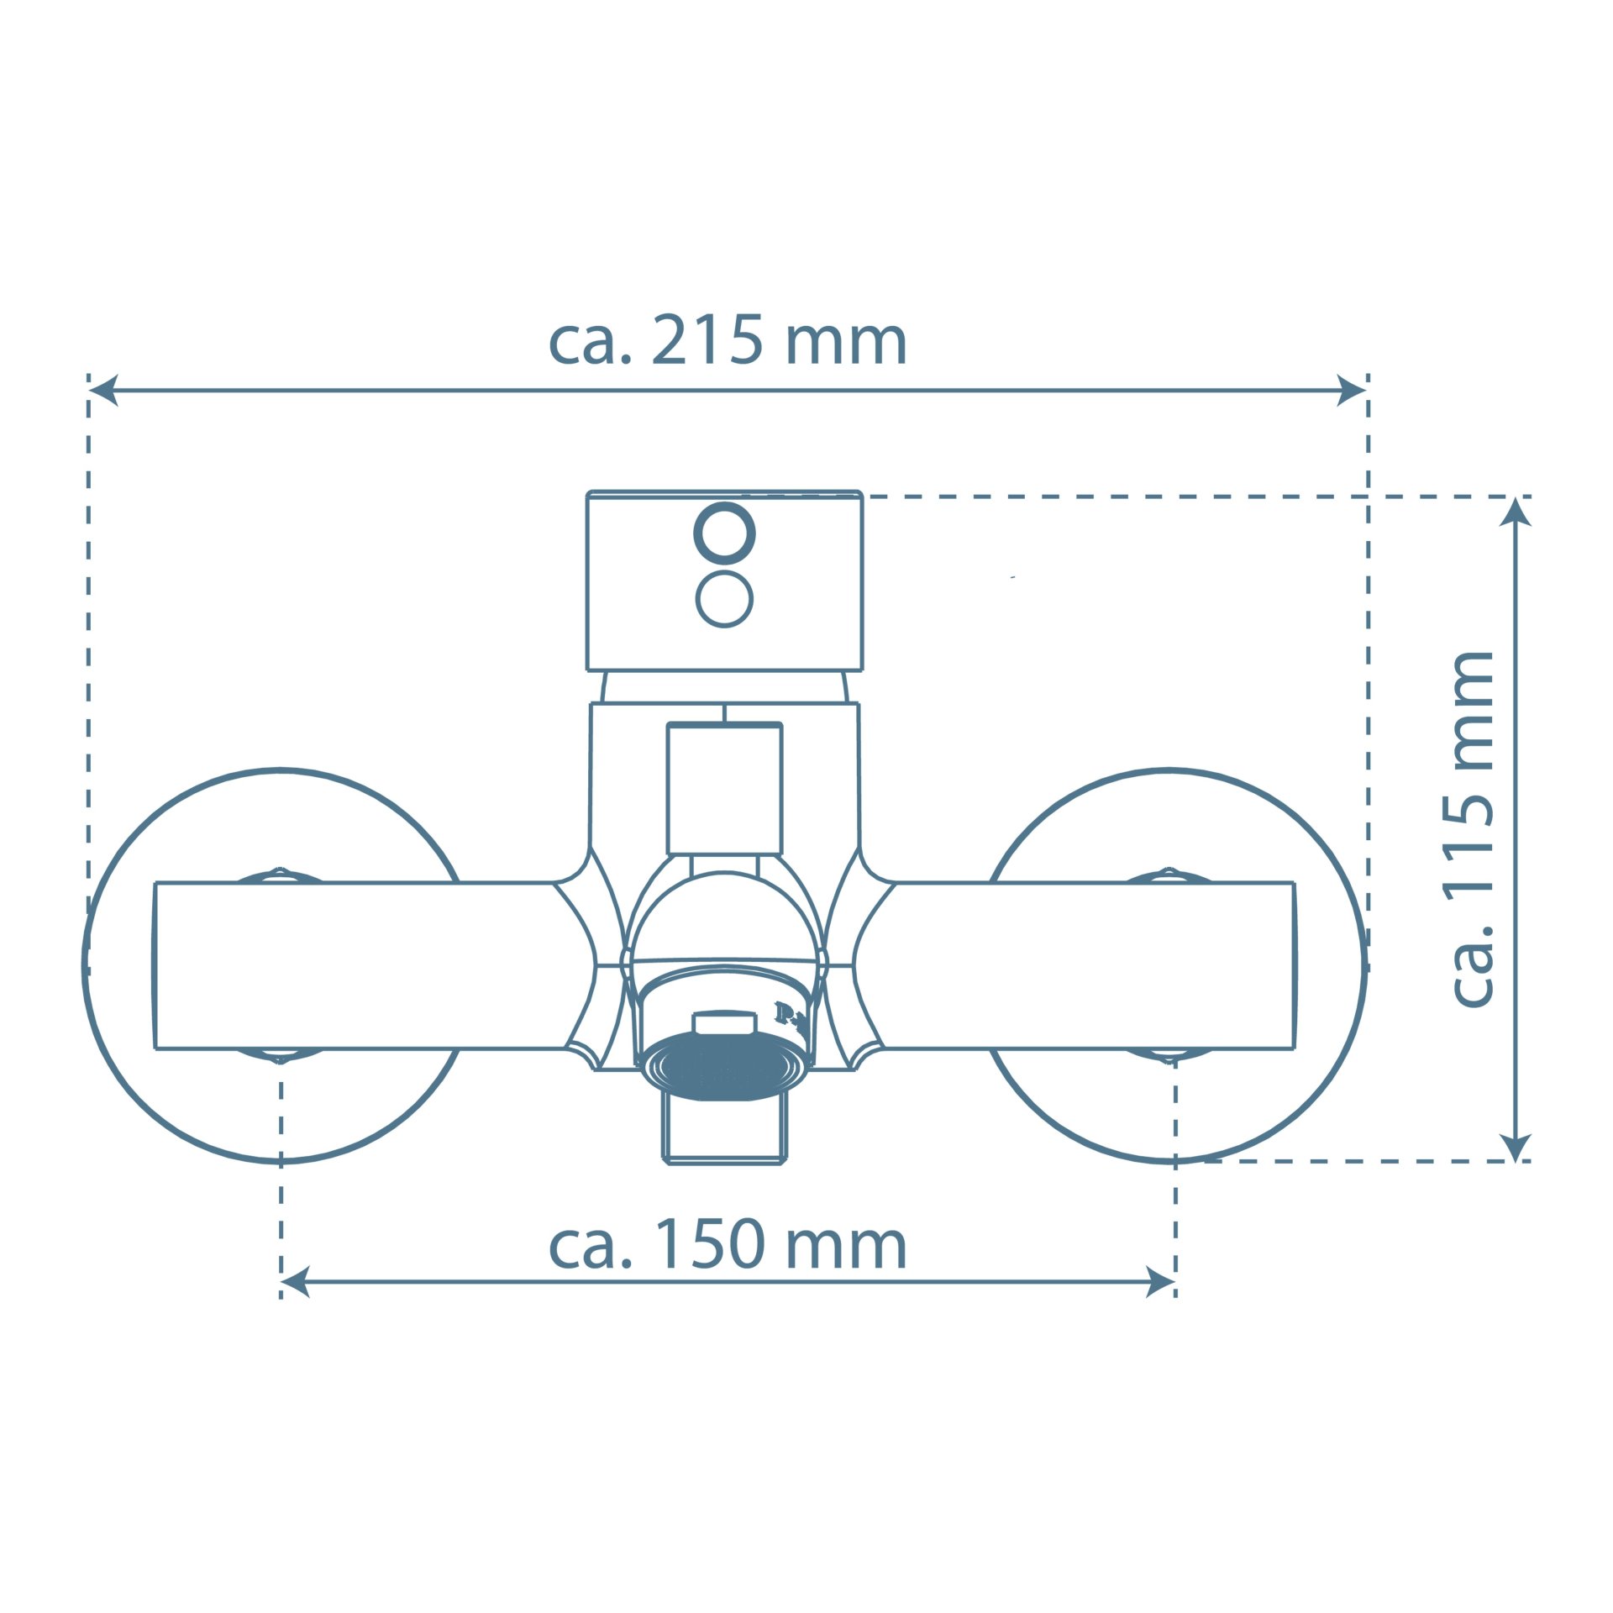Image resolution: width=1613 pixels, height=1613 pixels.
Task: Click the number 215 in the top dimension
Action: click(707, 340)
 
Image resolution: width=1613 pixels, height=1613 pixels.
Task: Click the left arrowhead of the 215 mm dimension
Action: click(102, 390)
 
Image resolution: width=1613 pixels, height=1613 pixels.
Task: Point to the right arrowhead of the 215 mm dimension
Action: click(1352, 390)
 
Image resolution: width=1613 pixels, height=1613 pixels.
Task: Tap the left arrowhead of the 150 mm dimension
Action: click(295, 1282)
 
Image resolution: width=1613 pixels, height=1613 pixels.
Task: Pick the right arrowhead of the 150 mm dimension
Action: click(1160, 1282)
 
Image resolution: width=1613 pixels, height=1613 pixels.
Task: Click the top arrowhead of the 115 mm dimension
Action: click(1515, 512)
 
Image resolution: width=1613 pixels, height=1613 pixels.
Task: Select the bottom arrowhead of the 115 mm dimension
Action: click(1515, 1147)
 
